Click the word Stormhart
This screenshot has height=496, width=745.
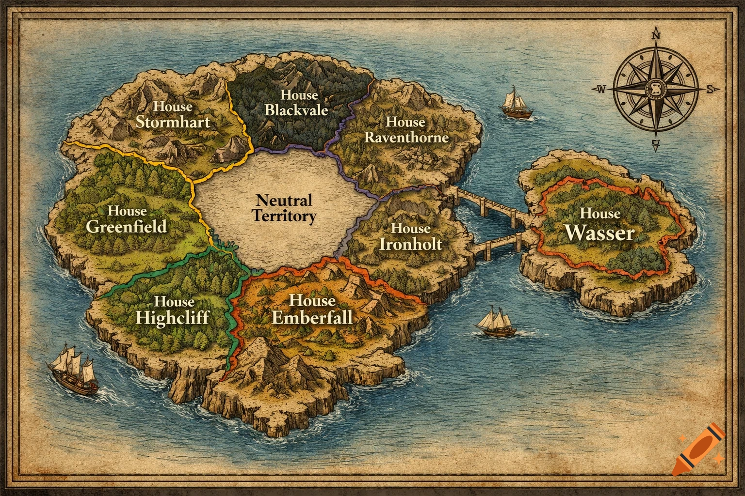[x=173, y=121]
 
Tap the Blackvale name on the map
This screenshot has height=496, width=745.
[x=296, y=110]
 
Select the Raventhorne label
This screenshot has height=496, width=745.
[x=406, y=138]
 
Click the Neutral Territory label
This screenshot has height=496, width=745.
[x=284, y=208]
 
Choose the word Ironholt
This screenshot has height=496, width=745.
[x=410, y=243]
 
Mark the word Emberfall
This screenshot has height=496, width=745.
[x=312, y=317]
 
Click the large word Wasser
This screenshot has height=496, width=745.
[x=600, y=233]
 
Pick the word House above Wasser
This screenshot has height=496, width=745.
[x=600, y=213]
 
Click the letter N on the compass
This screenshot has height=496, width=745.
[x=656, y=35]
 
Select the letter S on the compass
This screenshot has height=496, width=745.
[x=711, y=89]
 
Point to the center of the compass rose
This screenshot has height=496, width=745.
[x=656, y=89]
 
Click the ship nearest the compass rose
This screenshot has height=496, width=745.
[x=516, y=102]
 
